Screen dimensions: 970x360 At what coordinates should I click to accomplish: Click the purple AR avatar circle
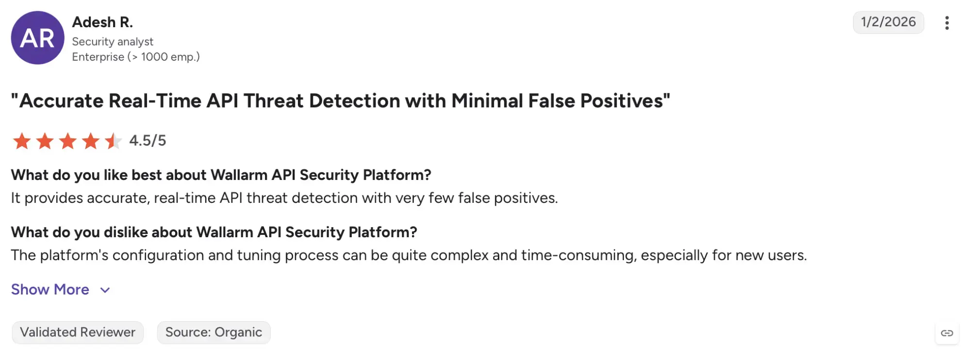38,38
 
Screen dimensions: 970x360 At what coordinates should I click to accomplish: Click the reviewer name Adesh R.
102,22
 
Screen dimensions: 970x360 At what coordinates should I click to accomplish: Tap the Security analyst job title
113,42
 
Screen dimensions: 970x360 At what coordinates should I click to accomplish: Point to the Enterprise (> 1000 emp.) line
136,57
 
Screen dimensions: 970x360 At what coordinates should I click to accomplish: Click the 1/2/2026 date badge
888,22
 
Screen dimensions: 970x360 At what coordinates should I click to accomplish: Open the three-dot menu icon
947,23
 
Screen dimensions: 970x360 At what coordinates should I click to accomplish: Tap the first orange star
22,141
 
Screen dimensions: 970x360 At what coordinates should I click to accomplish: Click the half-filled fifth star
113,141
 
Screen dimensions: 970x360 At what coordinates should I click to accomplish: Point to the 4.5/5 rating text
148,141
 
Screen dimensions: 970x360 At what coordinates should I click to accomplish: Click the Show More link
50,290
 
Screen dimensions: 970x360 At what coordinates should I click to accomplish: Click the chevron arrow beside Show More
105,290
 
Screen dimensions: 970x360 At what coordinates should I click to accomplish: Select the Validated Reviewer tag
78,332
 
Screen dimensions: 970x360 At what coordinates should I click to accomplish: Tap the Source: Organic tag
214,332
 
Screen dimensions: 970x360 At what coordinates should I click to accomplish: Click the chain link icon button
947,333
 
